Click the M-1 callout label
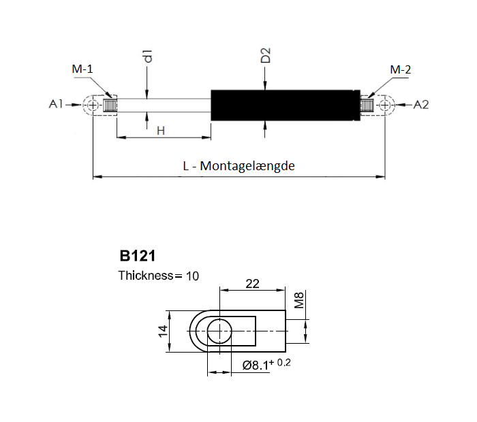pos(82,69)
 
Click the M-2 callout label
pos(401,70)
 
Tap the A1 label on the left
pos(56,104)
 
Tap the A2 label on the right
pos(421,105)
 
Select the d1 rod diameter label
pos(148,56)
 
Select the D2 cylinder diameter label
pos(266,55)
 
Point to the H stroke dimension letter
pos(161,131)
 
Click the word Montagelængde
pos(247,166)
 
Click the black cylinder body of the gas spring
pos(286,105)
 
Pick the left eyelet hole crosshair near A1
pos(93,105)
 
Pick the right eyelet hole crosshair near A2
pos(385,105)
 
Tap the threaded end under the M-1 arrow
pos(110,105)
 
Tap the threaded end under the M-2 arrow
pos(367,105)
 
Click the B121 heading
pos(138,256)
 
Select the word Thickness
pos(146,276)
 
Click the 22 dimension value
pos(253,284)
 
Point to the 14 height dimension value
pos(164,331)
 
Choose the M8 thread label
pos(299,300)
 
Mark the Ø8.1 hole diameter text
pos(256,366)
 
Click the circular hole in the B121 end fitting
pos(219,331)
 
